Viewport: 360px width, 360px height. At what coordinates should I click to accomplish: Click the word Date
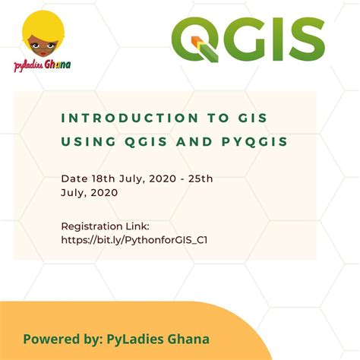pyautogui.click(x=73, y=178)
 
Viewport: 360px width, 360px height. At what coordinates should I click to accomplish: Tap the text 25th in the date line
pyautogui.click(x=201, y=178)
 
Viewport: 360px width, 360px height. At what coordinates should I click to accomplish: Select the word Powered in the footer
pyautogui.click(x=49, y=339)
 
